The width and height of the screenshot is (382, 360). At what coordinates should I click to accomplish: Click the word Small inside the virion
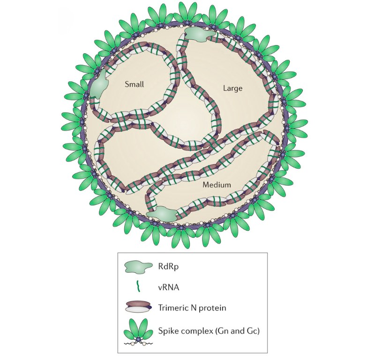(134, 84)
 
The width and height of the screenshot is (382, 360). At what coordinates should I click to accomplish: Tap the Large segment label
(232, 88)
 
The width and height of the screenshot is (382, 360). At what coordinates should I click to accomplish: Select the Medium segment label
(217, 185)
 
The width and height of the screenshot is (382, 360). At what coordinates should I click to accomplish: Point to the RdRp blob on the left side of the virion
(98, 84)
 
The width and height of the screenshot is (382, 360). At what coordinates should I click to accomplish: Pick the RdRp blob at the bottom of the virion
(163, 213)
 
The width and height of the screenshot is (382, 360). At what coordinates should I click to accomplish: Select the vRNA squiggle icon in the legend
(138, 286)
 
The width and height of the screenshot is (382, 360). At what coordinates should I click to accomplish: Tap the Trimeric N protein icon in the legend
(138, 307)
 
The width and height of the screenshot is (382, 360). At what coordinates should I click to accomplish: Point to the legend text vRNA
(169, 287)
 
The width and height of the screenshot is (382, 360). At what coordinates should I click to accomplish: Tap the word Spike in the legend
(168, 331)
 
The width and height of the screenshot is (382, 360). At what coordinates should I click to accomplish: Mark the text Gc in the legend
(253, 331)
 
